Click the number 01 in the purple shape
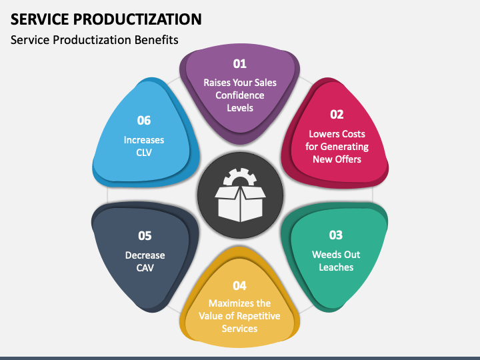tap(239, 64)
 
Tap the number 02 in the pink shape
tap(337, 114)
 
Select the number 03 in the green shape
tap(336, 235)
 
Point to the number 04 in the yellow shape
tap(239, 285)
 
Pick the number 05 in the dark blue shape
tap(145, 235)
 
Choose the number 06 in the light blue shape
tap(144, 121)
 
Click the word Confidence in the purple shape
tap(240, 95)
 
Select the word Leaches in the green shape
tap(337, 267)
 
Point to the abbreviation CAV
tap(145, 267)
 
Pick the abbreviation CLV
tap(144, 153)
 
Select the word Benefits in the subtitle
tap(157, 40)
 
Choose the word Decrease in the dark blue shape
tap(145, 255)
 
